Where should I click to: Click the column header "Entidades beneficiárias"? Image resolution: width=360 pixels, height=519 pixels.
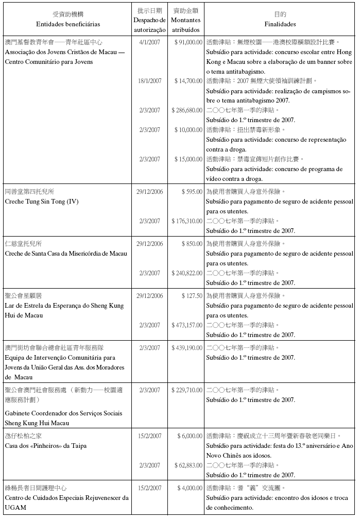68,24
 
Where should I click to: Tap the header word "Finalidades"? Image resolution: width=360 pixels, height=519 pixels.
280,24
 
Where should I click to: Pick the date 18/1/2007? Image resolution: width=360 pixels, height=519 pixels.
149,81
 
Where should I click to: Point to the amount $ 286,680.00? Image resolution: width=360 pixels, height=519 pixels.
187,110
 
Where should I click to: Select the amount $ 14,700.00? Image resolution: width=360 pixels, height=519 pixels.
188,81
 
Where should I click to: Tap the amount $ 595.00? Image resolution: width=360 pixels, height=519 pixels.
192,191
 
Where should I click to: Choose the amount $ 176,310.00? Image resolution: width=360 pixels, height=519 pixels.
187,221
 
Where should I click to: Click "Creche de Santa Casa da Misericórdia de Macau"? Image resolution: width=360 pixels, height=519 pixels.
66,253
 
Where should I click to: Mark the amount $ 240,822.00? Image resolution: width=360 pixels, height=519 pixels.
187,273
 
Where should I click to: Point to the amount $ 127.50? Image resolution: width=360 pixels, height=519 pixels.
192,295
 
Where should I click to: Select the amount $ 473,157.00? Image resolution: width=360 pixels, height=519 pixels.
187,325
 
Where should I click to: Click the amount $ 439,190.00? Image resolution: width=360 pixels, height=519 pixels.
187,348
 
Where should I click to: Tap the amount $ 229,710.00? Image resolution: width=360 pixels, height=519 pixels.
187,390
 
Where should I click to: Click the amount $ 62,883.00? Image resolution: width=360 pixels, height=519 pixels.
188,465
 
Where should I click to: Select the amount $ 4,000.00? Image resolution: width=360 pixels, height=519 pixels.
190,488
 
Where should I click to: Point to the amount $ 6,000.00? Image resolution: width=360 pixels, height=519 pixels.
190,436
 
